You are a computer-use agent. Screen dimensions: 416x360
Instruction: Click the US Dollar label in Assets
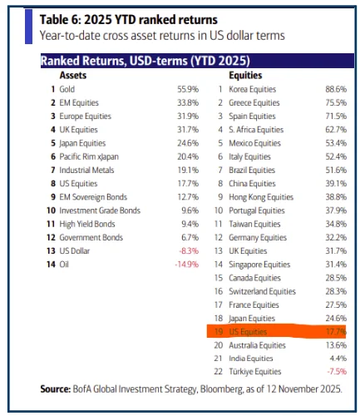(80, 250)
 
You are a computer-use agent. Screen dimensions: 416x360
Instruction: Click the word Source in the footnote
(59, 389)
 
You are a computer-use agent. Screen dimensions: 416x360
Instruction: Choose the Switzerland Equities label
(265, 291)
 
